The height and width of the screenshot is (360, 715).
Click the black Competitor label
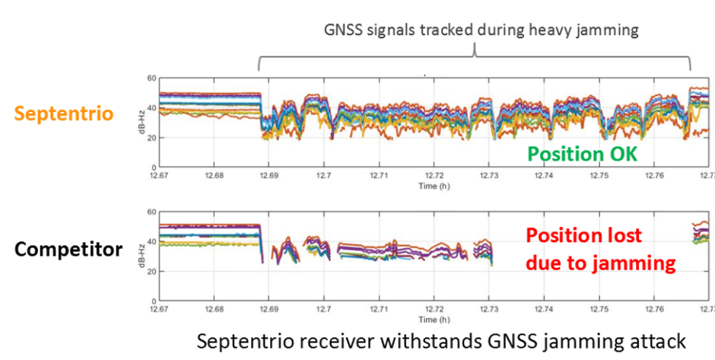[68, 250]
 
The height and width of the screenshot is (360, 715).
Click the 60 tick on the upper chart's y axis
[151, 78]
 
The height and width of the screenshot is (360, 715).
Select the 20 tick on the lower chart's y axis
[151, 272]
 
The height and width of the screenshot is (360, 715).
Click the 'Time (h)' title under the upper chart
[433, 185]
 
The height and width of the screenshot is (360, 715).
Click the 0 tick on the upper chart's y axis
[153, 167]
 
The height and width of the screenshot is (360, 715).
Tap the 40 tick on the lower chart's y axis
[151, 241]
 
